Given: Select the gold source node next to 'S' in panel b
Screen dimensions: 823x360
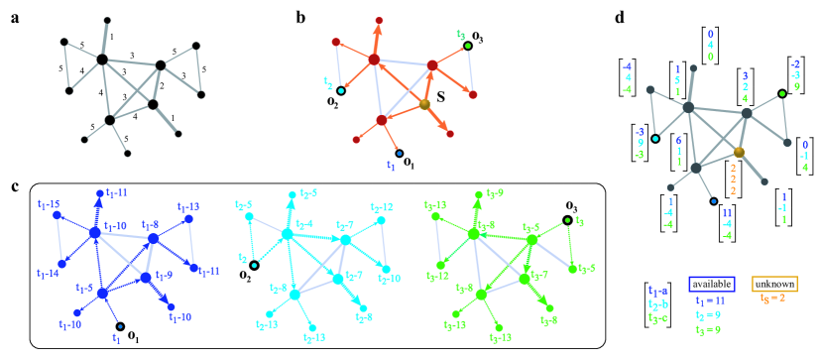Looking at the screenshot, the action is [x=424, y=105].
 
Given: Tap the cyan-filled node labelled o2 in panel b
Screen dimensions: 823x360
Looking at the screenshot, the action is [x=339, y=92].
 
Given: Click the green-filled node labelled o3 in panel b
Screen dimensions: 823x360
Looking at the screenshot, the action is [x=468, y=46].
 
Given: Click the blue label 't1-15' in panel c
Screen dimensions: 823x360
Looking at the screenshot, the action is [x=48, y=203].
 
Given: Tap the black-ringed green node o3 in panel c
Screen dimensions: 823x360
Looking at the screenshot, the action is [x=568, y=221].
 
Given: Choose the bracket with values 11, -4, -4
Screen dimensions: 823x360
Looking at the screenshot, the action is [x=727, y=225].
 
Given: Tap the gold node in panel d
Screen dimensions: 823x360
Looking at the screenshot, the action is [x=739, y=150].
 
